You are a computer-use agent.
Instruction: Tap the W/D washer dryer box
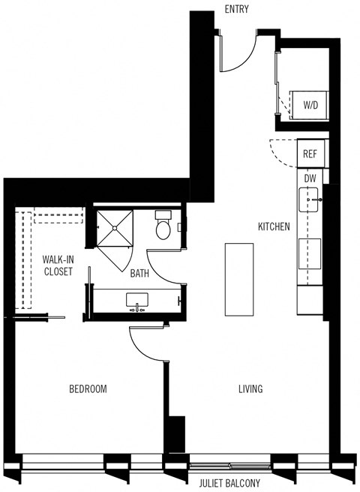[x=310, y=104]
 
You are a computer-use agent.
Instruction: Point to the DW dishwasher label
[x=310, y=178]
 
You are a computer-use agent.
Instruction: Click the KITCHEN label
[x=274, y=226]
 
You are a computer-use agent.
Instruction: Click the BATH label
[x=139, y=274]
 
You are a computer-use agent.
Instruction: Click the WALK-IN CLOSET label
[x=58, y=265]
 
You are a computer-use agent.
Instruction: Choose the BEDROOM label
[x=88, y=389]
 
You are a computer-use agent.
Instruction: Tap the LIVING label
[x=250, y=389]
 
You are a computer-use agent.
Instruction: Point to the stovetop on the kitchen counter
[x=309, y=253]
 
